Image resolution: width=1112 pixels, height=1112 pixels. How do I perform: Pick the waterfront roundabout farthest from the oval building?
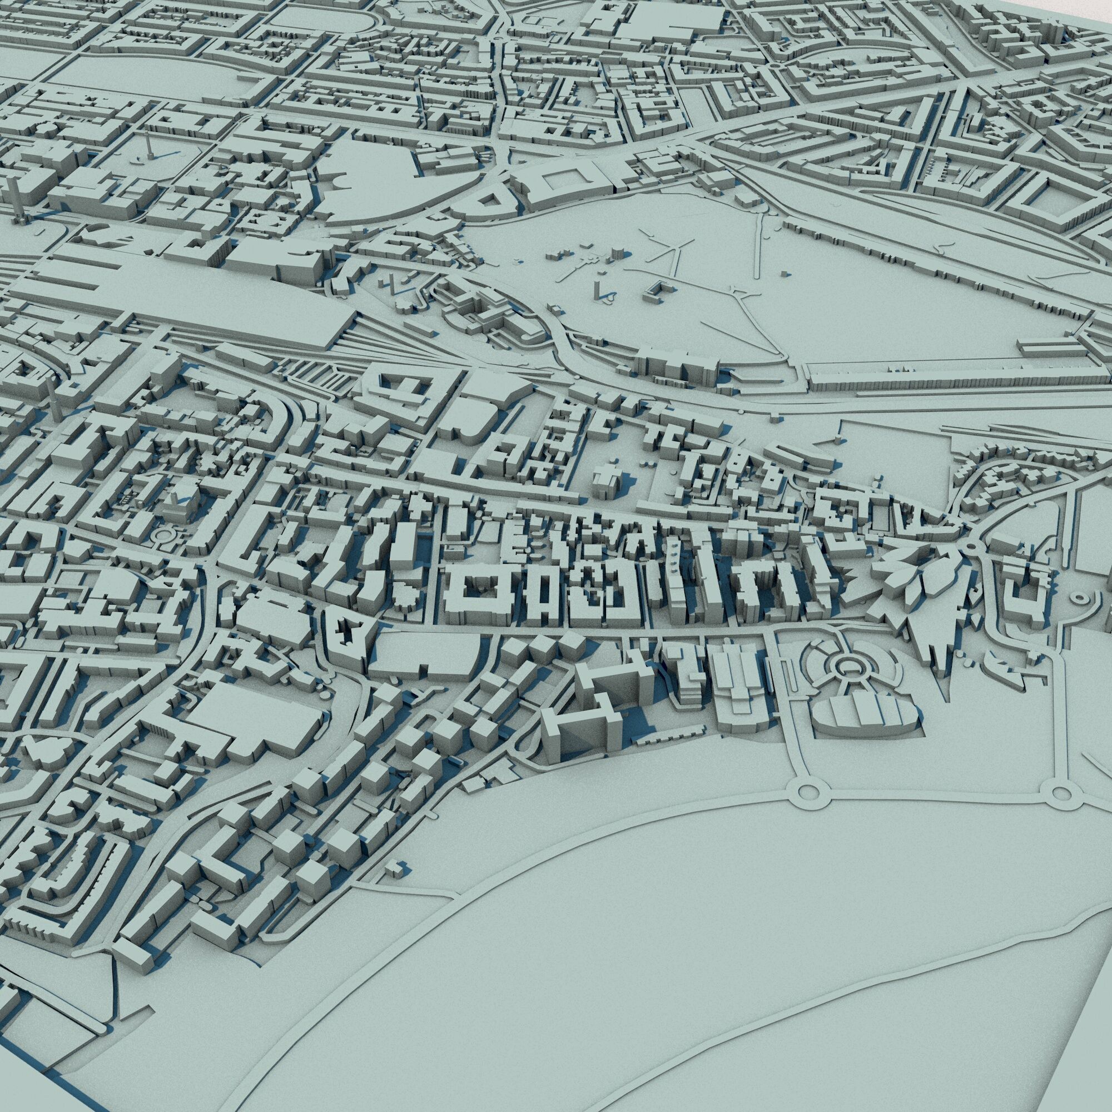pyautogui.click(x=1058, y=792)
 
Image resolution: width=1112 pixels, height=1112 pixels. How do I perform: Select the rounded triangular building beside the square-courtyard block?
pyautogui.click(x=488, y=202)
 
